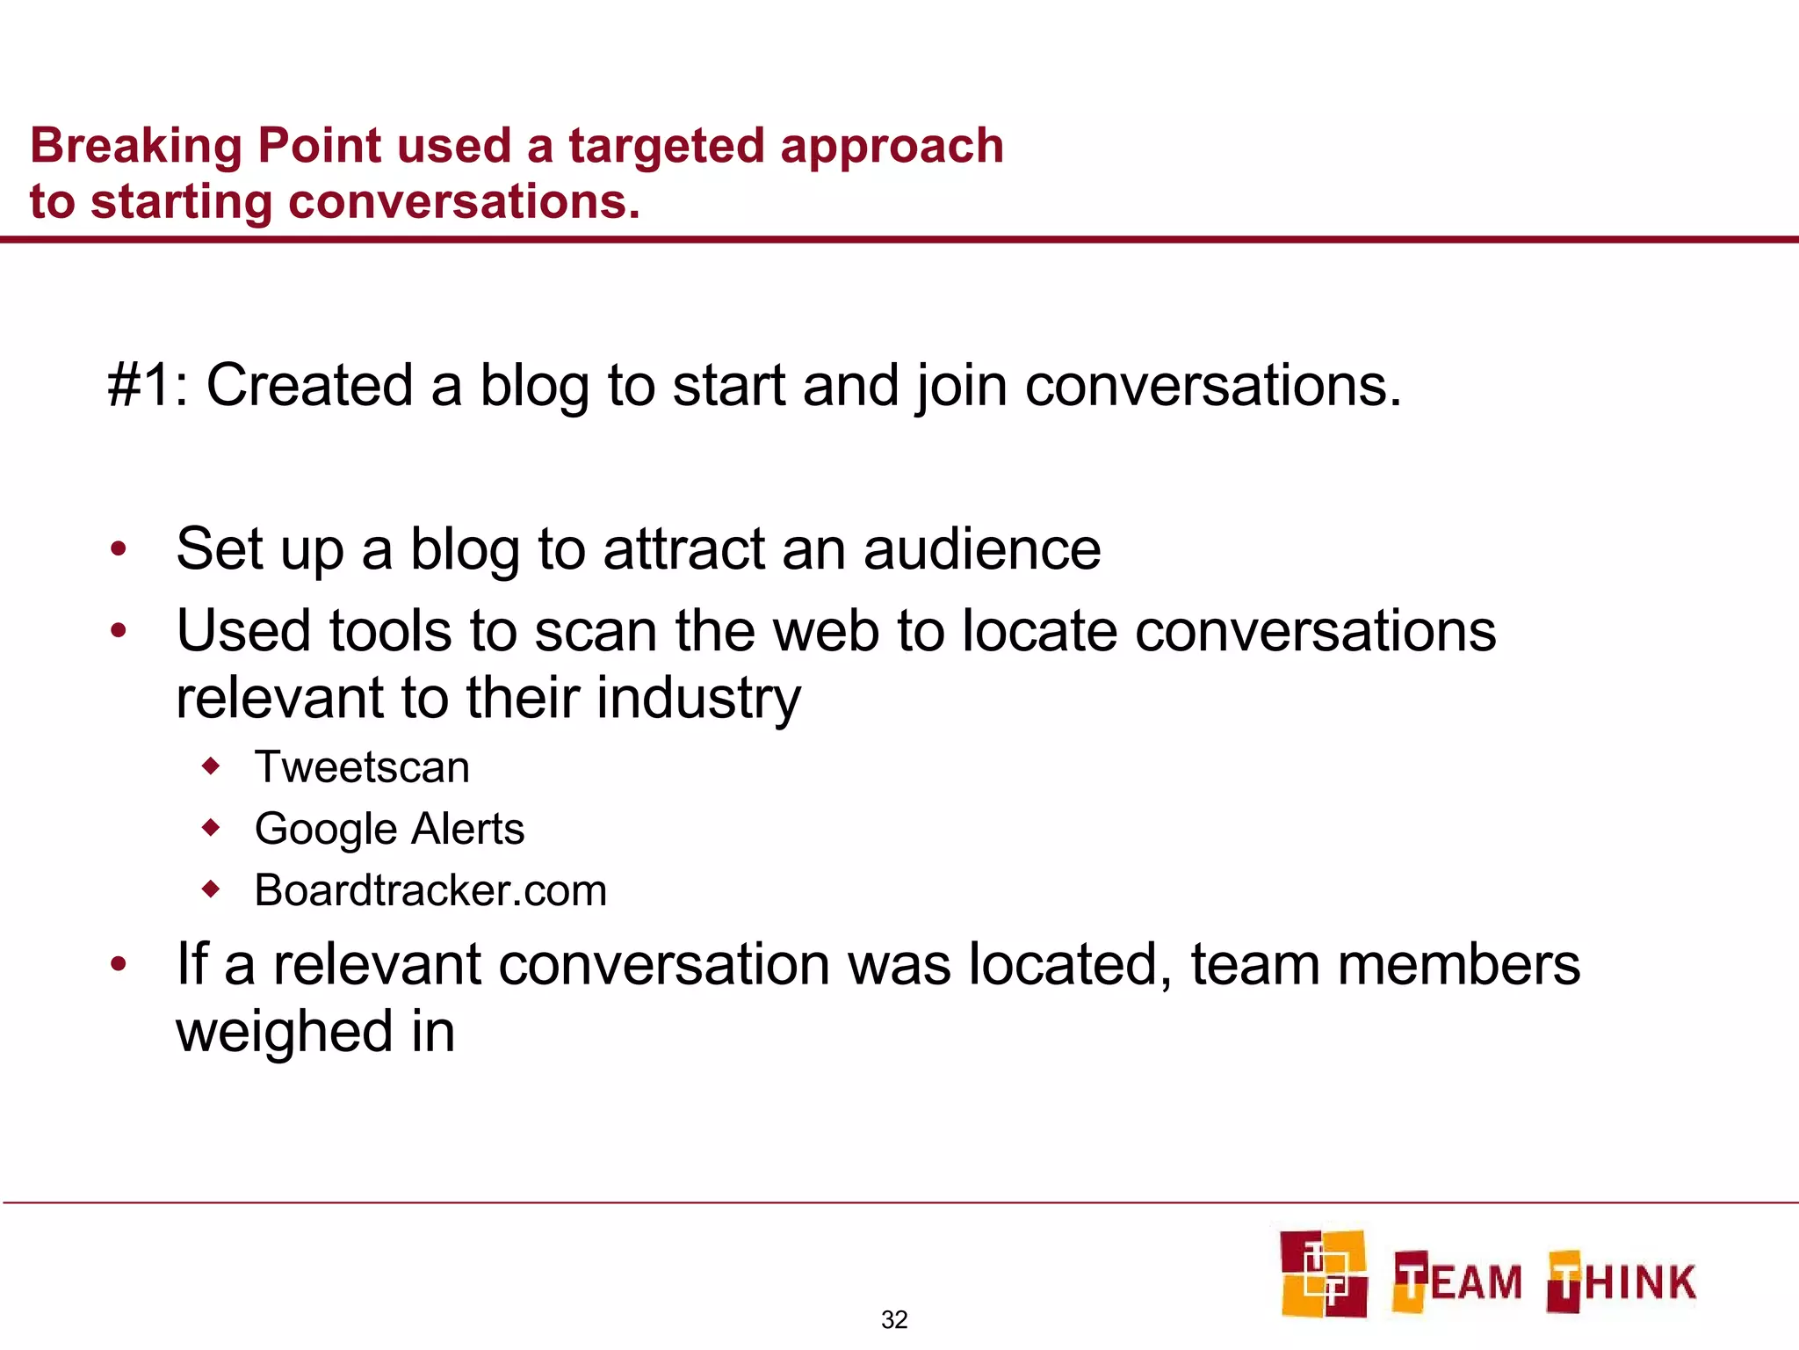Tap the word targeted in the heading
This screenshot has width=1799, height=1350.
[666, 146]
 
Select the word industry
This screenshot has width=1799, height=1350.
[697, 698]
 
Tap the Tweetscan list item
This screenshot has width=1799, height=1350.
[362, 767]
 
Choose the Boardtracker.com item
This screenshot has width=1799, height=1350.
[430, 890]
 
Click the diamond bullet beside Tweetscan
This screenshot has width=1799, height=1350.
[211, 766]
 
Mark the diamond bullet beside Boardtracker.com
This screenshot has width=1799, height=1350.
[211, 889]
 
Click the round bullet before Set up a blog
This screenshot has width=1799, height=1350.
[119, 550]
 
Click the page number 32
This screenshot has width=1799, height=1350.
[894, 1319]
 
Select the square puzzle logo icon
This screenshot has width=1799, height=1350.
[1323, 1274]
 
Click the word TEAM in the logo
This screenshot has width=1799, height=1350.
[1458, 1281]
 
